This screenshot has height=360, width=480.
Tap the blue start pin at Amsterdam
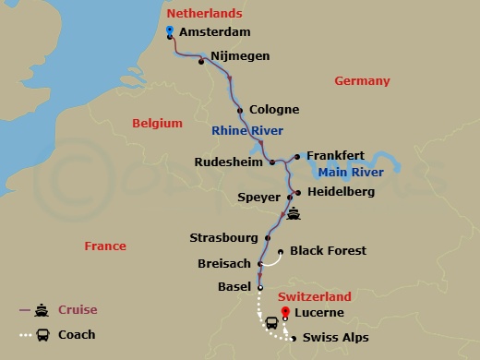coord(170,30)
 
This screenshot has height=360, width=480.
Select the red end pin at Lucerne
coord(284,310)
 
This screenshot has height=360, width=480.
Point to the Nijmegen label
coord(240,56)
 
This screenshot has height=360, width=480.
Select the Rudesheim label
coord(230,162)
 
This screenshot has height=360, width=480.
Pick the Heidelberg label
coord(342,192)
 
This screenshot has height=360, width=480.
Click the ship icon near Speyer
coord(294,214)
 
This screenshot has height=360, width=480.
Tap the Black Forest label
coord(328,250)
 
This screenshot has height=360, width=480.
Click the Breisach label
coord(224,263)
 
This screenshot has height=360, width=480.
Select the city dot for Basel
coord(259,287)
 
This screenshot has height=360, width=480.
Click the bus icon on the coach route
coord(272,324)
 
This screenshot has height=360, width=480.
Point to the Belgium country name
coord(156,122)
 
